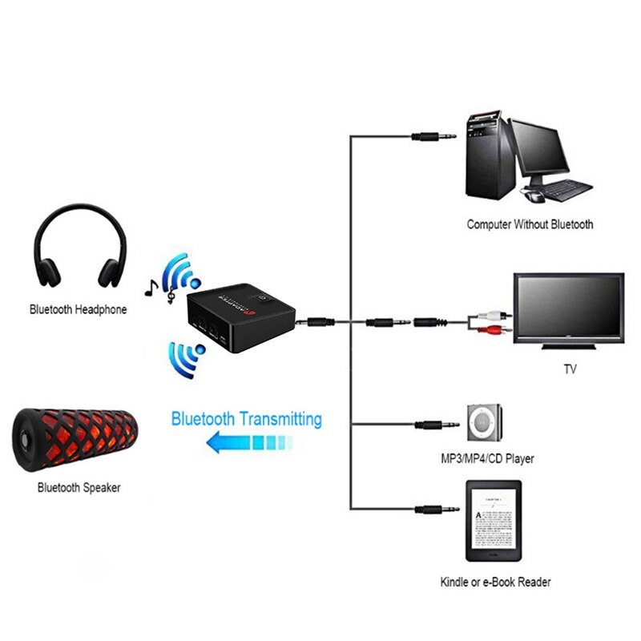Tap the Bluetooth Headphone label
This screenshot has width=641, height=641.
(x=79, y=308)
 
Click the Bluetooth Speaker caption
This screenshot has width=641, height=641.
(x=79, y=486)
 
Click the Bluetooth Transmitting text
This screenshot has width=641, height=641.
(x=247, y=418)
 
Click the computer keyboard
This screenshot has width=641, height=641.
(x=564, y=190)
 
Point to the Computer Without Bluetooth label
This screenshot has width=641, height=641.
(x=530, y=224)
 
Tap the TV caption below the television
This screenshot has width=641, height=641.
(x=570, y=369)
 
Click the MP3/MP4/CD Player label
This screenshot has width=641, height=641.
(x=487, y=459)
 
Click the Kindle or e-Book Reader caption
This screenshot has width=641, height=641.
(x=495, y=583)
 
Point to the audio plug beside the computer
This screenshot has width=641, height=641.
(x=433, y=136)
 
